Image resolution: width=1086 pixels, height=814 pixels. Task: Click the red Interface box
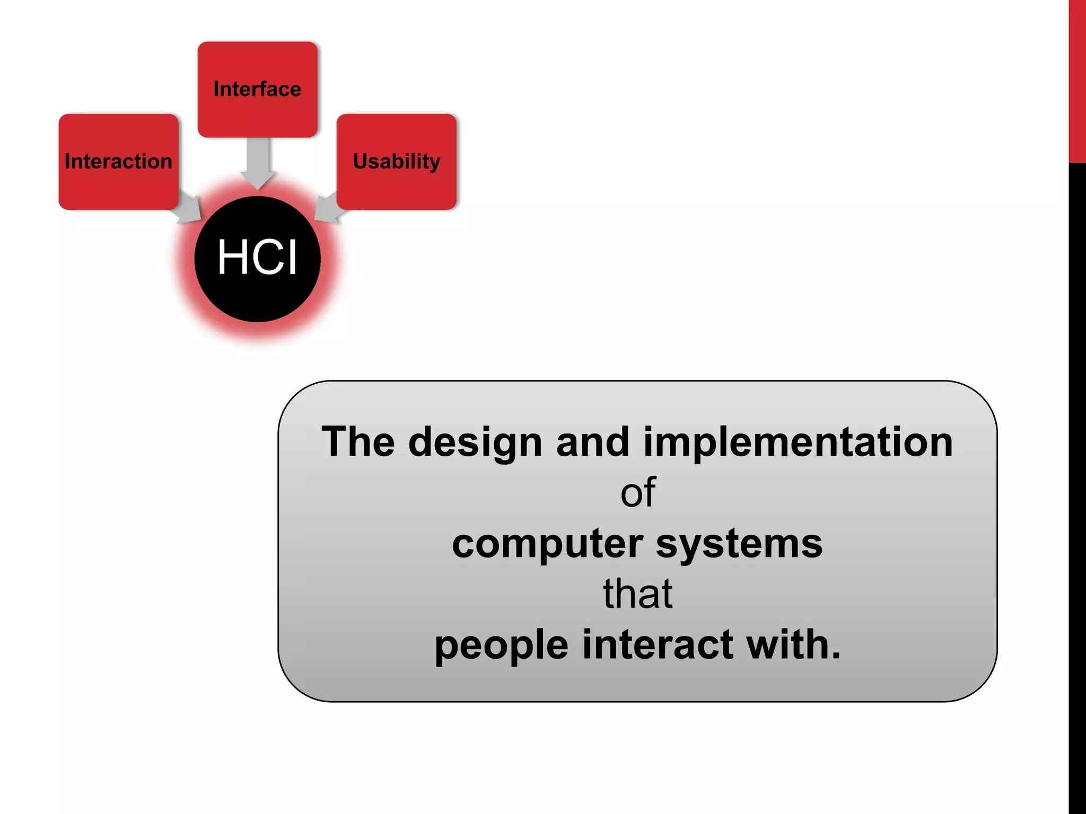pyautogui.click(x=257, y=89)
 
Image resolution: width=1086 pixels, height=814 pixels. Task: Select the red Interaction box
pyautogui.click(x=118, y=161)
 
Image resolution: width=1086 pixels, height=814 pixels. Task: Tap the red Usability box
pyautogui.click(x=396, y=161)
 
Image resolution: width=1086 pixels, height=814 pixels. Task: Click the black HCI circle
pyautogui.click(x=257, y=259)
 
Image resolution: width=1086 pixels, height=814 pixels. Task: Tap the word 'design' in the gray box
pyautogui.click(x=475, y=443)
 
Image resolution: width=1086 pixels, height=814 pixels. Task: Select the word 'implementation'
pyautogui.click(x=798, y=443)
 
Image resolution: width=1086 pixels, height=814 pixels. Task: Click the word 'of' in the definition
pyautogui.click(x=638, y=493)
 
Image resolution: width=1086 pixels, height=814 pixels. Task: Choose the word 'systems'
pyautogui.click(x=739, y=544)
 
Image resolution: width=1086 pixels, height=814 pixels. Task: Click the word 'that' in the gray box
pyautogui.click(x=638, y=594)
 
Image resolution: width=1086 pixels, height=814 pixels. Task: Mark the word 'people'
pyautogui.click(x=501, y=645)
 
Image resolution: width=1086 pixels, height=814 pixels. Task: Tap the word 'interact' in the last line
pyautogui.click(x=658, y=644)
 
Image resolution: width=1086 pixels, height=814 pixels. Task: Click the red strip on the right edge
pyautogui.click(x=1077, y=79)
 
